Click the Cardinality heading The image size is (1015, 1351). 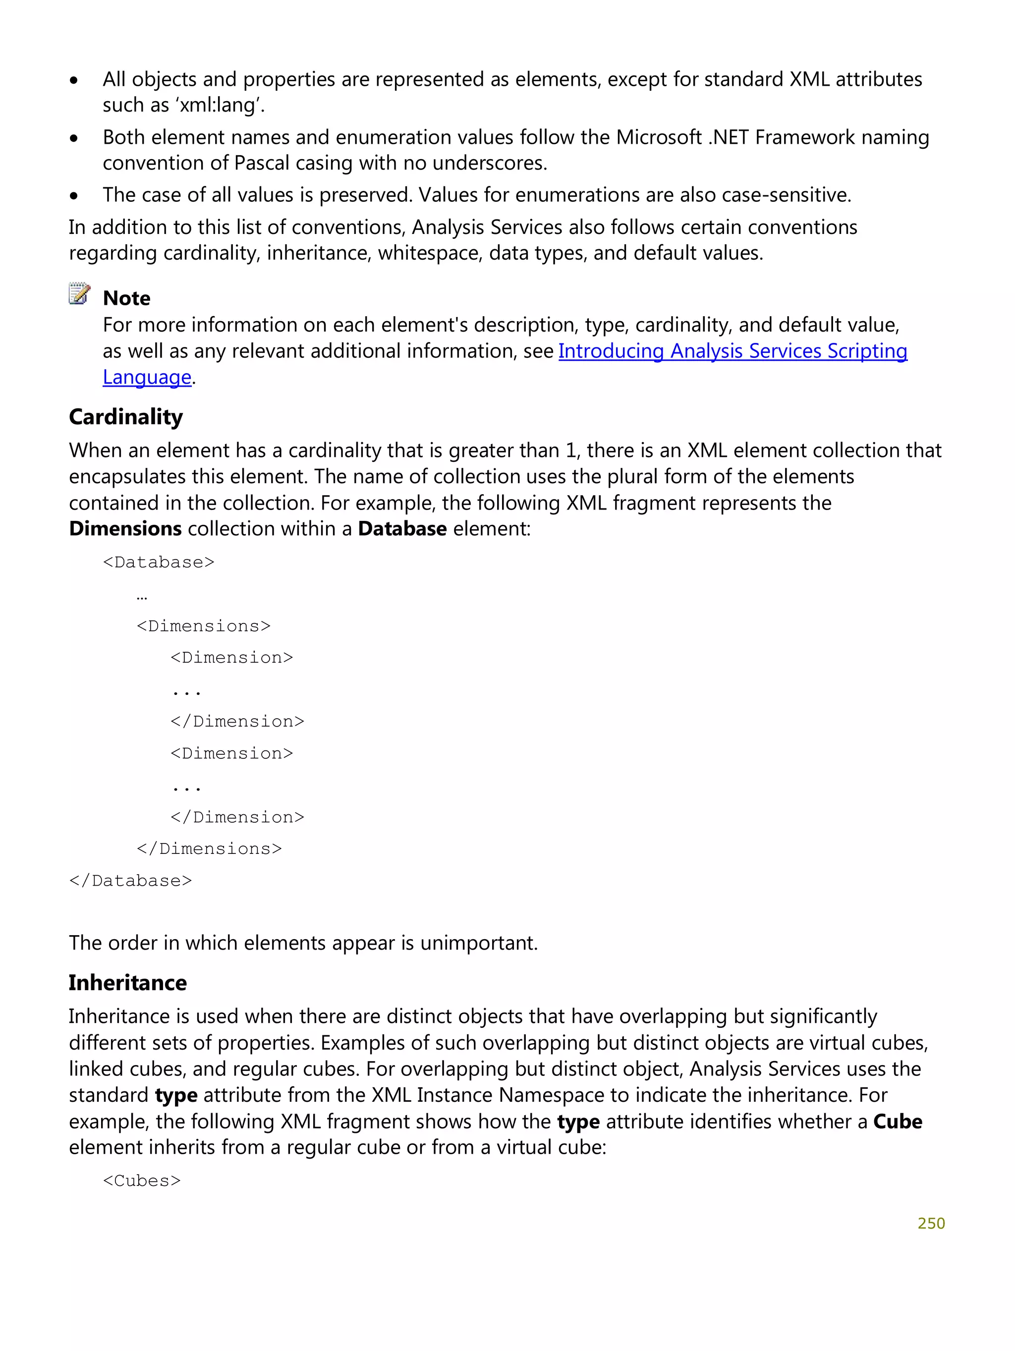pos(126,417)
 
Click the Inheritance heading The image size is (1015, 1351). pos(128,983)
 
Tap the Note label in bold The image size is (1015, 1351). pos(126,298)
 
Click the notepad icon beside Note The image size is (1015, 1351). pos(79,294)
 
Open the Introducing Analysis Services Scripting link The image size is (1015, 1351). pos(732,351)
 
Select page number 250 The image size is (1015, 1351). pos(931,1223)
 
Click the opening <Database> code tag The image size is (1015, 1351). pos(159,562)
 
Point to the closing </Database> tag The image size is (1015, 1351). pos(131,881)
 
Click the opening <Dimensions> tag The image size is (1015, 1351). pos(203,626)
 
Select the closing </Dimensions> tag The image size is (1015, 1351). pos(209,849)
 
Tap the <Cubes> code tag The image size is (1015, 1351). pos(142,1181)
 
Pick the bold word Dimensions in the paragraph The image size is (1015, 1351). pos(125,529)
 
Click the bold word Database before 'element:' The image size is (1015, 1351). pos(402,529)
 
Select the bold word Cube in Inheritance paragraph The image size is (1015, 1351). pos(897,1122)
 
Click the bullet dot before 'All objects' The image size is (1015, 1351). pos(74,80)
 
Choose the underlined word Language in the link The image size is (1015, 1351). pos(147,378)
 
